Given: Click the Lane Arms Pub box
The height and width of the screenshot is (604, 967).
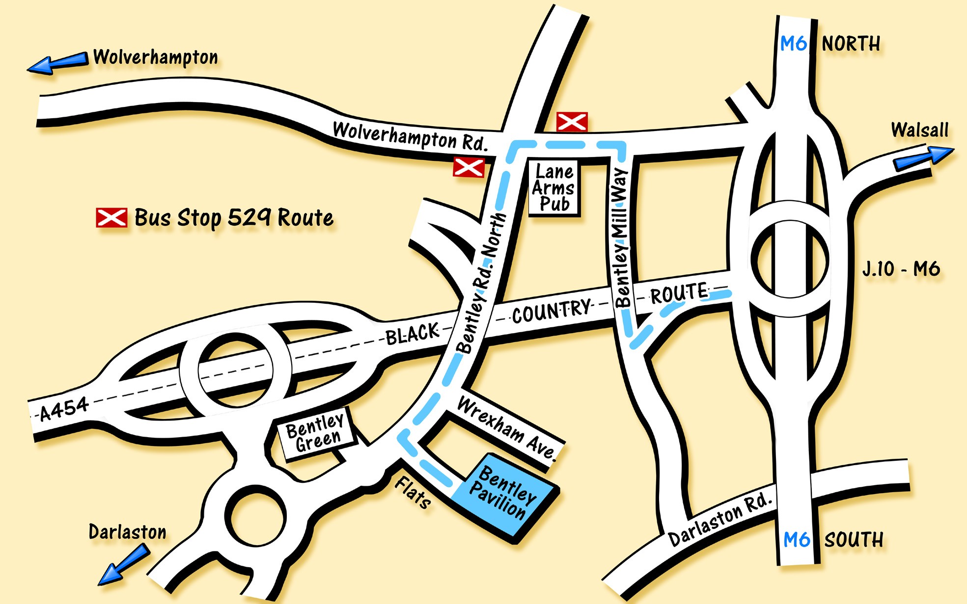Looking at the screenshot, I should pos(554,188).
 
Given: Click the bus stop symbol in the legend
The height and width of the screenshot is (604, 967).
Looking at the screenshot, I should pos(111,218).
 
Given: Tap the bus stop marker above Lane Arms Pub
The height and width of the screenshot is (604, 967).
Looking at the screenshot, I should pos(572,122).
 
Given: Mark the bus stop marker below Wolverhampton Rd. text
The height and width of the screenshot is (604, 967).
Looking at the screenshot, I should pos(469,167).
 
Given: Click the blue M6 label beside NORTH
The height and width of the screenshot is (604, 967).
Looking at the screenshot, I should pos(793,44).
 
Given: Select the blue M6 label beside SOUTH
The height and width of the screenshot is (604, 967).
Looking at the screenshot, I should pos(796,540).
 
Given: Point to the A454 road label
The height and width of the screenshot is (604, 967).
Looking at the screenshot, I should pos(64,409).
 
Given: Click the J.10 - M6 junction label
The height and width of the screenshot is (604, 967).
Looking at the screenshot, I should pos(901,269).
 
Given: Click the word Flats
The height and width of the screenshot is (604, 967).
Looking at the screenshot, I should pos(413,492).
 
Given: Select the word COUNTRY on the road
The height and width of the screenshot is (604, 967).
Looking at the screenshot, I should pos(552,311).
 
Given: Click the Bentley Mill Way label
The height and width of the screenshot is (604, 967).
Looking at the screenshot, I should pos(621,238).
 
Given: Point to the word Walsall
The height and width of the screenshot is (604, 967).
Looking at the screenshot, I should pos(919,130).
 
